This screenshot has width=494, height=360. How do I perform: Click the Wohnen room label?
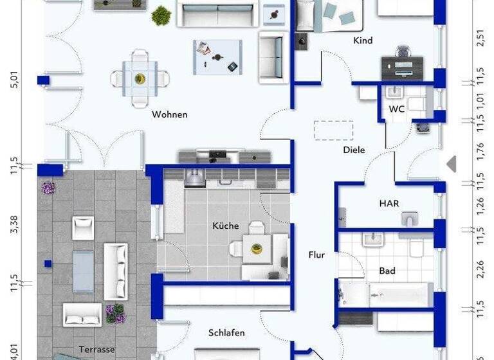click(x=169, y=114)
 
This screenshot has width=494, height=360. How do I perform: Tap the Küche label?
click(x=226, y=226)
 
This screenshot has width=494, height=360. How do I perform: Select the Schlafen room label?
click(x=226, y=332)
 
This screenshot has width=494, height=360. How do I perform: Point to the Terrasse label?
click(x=97, y=349)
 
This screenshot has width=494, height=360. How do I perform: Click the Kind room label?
click(x=363, y=40)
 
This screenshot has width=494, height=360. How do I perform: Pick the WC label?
click(x=397, y=109)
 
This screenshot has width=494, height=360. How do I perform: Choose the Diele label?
click(x=354, y=150)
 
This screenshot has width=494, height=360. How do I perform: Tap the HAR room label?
click(x=389, y=203)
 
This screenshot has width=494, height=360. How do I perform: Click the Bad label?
click(x=387, y=271)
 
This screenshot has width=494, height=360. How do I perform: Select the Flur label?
click(x=316, y=255)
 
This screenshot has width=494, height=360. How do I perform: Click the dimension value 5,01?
click(x=15, y=81)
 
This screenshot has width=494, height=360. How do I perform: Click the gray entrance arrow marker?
click(x=452, y=163)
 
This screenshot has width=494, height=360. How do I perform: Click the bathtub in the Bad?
click(x=386, y=294)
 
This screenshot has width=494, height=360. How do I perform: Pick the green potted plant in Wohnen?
click(x=161, y=14)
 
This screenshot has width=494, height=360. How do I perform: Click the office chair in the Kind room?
click(x=404, y=52)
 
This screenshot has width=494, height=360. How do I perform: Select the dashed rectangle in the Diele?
click(x=333, y=130)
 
